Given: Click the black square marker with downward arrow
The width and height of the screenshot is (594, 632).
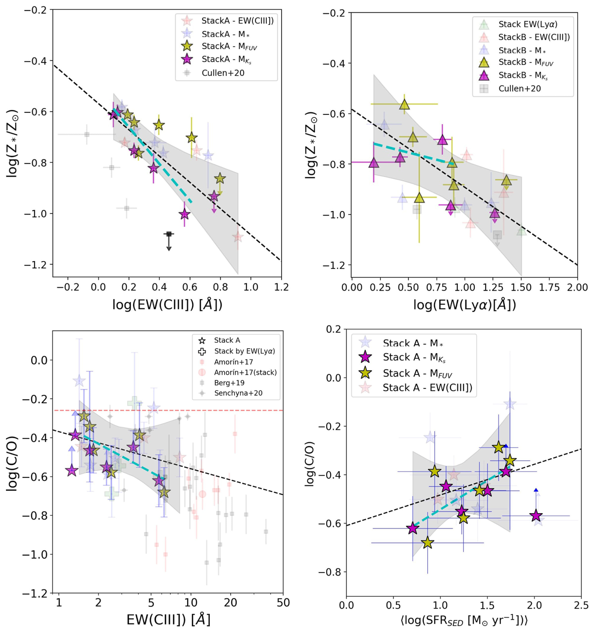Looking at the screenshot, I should pyautogui.click(x=169, y=234).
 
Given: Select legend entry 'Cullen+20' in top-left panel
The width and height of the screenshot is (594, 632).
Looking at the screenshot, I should pyautogui.click(x=222, y=73).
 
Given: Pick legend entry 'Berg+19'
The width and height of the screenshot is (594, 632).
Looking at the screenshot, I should pyautogui.click(x=229, y=383).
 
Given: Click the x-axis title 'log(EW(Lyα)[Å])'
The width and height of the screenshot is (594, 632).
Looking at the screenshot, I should pyautogui.click(x=464, y=305).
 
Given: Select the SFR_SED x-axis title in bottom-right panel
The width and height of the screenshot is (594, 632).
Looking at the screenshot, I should pyautogui.click(x=463, y=619).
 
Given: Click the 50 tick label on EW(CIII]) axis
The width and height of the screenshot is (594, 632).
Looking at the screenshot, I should pyautogui.click(x=283, y=603).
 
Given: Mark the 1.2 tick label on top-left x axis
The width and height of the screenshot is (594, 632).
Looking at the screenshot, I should pyautogui.click(x=281, y=287).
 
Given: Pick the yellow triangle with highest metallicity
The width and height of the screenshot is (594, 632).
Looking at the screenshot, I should pyautogui.click(x=405, y=105).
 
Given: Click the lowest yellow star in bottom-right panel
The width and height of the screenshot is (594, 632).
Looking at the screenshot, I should pyautogui.click(x=428, y=543).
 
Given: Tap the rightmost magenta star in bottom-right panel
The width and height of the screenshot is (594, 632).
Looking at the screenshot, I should pyautogui.click(x=536, y=516).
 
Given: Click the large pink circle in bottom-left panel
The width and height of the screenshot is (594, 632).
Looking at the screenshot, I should pyautogui.click(x=202, y=494).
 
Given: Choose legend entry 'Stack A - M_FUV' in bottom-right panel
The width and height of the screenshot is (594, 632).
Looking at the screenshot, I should pyautogui.click(x=417, y=373).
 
